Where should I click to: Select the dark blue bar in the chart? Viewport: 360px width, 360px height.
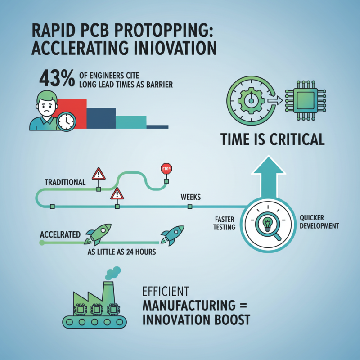pyautogui.click(x=101, y=118)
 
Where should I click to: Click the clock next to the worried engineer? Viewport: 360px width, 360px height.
pyautogui.click(x=66, y=121)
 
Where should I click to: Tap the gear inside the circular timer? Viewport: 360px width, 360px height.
pyautogui.click(x=250, y=99)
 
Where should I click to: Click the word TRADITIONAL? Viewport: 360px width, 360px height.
pyautogui.click(x=65, y=182)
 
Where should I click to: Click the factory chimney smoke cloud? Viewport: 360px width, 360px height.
pyautogui.click(x=113, y=271)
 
